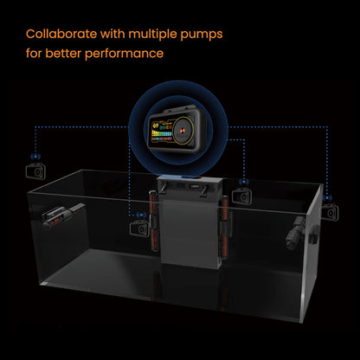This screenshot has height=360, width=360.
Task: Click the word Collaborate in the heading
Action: point(61,34)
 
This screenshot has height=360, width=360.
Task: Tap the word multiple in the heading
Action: point(152,35)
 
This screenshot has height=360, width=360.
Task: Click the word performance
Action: point(125,54)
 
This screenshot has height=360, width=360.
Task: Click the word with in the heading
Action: point(112,34)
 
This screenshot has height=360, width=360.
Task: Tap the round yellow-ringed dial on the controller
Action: point(183,130)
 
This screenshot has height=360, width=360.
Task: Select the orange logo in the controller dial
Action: point(183,130)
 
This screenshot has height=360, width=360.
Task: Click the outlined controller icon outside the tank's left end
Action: point(35,171)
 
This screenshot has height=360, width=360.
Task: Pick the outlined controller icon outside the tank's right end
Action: point(331,211)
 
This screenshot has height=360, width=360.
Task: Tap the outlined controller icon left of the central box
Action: point(139,228)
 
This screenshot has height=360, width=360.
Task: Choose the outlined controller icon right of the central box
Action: point(242,196)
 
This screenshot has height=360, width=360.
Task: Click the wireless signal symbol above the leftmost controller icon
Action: point(35,157)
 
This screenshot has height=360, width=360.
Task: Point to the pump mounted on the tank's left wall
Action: point(63,215)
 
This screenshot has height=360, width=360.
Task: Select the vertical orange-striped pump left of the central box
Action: point(154,221)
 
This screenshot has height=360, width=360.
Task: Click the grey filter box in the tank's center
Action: point(190,222)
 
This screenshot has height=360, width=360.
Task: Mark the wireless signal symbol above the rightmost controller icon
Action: point(328,198)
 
